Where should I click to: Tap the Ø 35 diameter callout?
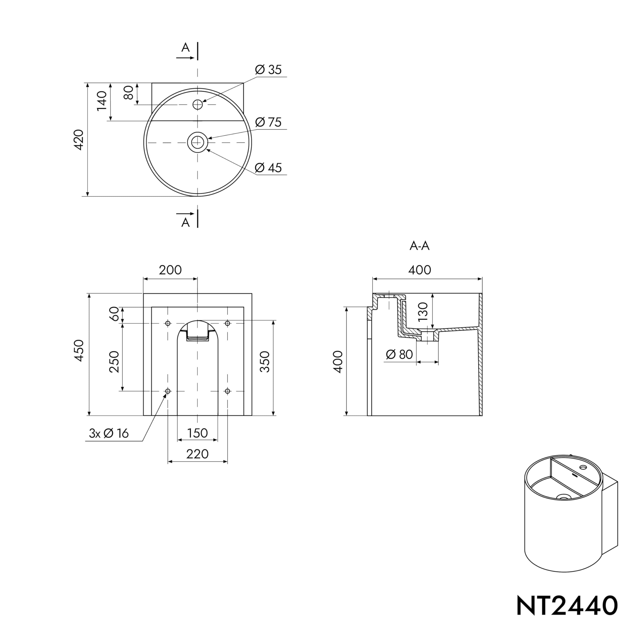click(x=268, y=70)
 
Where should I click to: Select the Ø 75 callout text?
click(x=268, y=122)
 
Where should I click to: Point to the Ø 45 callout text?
click(x=268, y=168)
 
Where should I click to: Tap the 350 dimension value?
click(x=265, y=362)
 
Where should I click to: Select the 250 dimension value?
click(x=114, y=362)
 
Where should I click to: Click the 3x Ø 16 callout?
click(x=109, y=433)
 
